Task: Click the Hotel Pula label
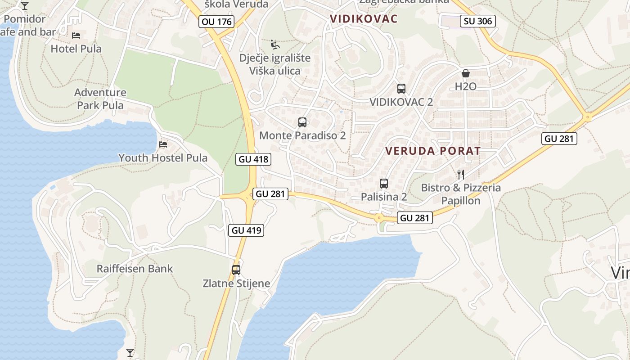(76, 49)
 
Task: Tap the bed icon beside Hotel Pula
(76, 35)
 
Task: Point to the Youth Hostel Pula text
(163, 158)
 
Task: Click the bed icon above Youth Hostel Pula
(163, 144)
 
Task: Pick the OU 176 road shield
(216, 22)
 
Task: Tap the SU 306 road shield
(478, 21)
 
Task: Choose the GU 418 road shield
(253, 159)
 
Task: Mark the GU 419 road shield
(246, 230)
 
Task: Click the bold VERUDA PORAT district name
(433, 151)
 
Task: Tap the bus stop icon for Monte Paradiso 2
(302, 122)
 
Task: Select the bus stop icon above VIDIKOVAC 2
(401, 89)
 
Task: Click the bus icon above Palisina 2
(384, 184)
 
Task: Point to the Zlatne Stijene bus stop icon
(236, 270)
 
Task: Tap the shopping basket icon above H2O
(465, 73)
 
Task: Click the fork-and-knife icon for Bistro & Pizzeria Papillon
(460, 174)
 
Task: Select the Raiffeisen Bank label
(135, 269)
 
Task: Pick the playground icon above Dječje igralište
(275, 45)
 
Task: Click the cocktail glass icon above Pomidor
(25, 6)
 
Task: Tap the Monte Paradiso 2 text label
(302, 135)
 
